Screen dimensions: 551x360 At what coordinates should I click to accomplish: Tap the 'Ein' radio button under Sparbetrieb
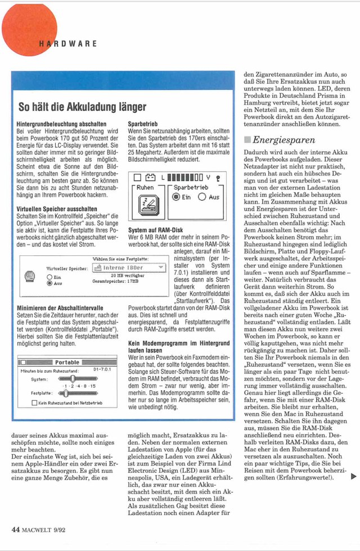(x=176, y=197)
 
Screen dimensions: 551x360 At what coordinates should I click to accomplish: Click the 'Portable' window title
(x=67, y=363)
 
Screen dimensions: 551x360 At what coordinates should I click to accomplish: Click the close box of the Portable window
(x=23, y=363)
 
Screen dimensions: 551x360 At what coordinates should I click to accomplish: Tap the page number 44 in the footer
(x=16, y=529)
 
